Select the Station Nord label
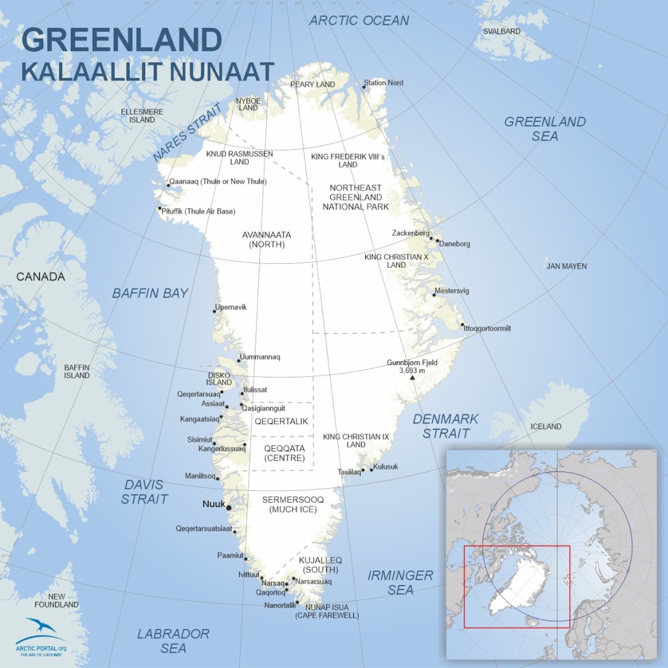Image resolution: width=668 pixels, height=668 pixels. tap(383, 83)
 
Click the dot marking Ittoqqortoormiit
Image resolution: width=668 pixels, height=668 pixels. tap(462, 325)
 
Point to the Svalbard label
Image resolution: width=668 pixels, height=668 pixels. tap(501, 31)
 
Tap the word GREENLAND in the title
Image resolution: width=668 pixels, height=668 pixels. tap(121, 40)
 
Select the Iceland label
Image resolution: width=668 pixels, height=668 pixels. tap(545, 426)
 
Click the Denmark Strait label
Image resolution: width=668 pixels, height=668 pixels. tap(446, 426)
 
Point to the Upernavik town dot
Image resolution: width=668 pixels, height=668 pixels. tap(214, 311)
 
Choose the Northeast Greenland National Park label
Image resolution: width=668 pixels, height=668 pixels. tap(355, 197)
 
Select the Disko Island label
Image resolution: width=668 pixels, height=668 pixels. tap(219, 379)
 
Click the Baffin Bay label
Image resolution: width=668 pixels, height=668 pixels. tap(150, 293)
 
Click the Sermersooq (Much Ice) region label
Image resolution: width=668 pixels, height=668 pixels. tap(292, 505)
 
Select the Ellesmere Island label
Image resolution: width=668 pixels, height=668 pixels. tap(141, 115)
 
